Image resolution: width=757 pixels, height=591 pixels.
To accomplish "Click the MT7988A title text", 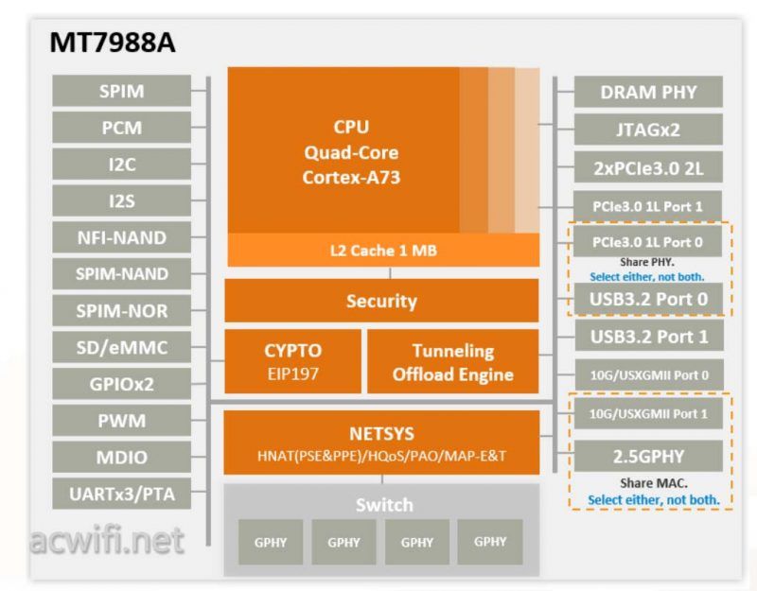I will [111, 43].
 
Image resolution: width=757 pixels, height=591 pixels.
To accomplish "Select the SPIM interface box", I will [121, 91].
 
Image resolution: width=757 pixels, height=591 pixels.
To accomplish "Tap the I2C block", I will [121, 164].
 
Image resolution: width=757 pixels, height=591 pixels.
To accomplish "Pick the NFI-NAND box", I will [121, 236].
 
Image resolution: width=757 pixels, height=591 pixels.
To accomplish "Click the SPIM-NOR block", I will [121, 310].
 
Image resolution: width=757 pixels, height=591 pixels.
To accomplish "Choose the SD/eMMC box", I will [121, 347].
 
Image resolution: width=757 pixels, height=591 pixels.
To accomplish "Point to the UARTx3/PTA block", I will [121, 493].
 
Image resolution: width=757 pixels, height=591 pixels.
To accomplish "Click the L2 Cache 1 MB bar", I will [382, 251].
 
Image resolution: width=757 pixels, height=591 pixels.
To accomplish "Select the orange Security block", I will [381, 301].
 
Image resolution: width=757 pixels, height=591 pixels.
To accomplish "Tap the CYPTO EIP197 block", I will [292, 361].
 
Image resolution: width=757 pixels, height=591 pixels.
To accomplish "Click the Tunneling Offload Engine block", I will [452, 361].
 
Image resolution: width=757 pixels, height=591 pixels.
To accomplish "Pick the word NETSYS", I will [381, 435].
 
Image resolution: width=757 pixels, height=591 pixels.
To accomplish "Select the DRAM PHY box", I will [648, 92].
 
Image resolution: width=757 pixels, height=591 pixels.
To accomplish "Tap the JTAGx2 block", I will [648, 130].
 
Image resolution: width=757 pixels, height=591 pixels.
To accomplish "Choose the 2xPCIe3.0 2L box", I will [648, 167].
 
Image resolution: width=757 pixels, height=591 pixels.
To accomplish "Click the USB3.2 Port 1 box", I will [648, 336].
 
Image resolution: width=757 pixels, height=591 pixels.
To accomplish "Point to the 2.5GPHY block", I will [648, 457].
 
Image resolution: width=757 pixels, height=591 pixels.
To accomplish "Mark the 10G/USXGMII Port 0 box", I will [648, 374].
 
